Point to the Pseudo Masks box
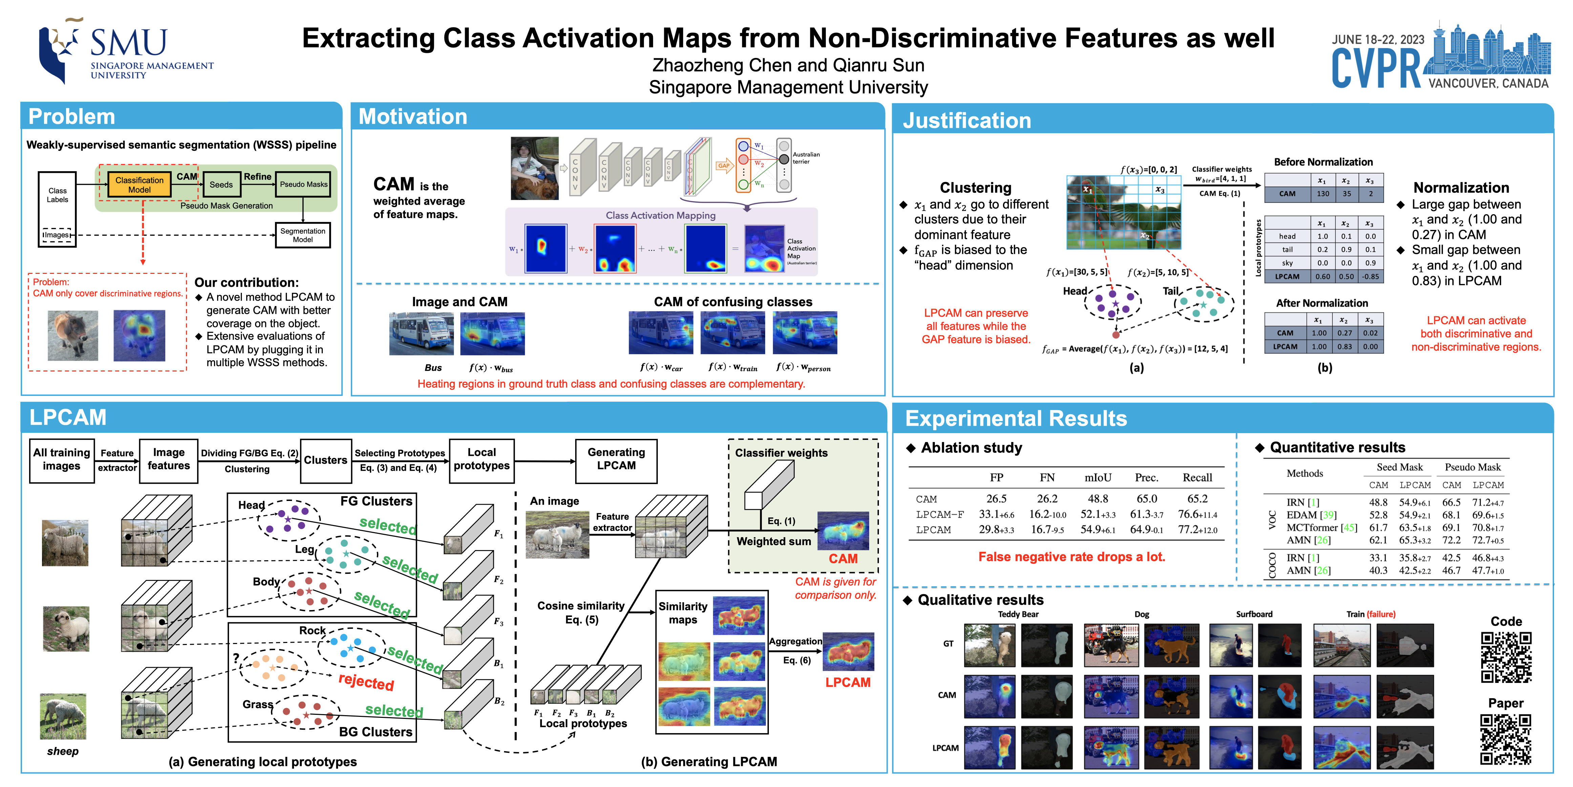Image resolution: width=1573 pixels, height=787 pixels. (303, 184)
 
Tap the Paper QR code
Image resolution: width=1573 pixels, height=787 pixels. (1506, 739)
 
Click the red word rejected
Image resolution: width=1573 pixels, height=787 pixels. (366, 681)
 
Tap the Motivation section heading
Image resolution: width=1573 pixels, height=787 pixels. (413, 117)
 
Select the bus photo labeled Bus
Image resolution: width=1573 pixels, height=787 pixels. (421, 334)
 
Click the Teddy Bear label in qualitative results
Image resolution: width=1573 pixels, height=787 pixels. (1018, 614)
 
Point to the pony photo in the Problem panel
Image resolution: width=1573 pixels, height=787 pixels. (73, 335)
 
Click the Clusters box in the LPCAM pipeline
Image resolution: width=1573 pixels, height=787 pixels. (326, 460)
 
